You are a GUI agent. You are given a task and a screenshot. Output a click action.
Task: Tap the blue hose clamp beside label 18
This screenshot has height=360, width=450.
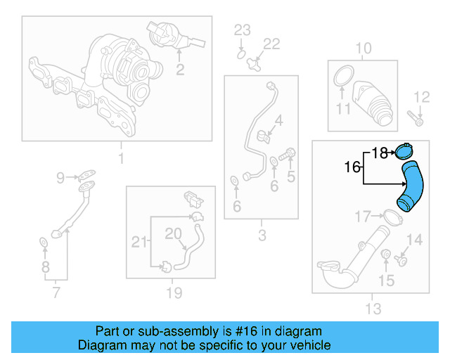404,150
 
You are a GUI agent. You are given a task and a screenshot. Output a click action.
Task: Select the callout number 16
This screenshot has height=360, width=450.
353,167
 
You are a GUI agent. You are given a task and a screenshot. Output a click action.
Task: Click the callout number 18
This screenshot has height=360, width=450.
380,152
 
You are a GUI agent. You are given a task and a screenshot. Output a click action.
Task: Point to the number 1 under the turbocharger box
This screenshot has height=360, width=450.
120,159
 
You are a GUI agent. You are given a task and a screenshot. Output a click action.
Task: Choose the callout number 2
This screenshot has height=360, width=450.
180,69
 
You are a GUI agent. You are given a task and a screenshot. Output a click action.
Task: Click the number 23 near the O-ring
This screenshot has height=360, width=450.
242,30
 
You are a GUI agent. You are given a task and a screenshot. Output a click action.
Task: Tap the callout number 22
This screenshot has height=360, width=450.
271,44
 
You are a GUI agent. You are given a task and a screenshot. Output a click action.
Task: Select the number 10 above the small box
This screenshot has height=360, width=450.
363,48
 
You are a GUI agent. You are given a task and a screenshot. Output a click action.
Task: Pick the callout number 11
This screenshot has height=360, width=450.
342,109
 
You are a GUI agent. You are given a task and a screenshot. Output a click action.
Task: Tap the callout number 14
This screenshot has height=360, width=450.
415,240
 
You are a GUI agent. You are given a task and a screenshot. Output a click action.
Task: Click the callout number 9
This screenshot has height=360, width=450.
60,176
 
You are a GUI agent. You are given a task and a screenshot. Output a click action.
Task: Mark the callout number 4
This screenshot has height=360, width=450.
278,121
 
